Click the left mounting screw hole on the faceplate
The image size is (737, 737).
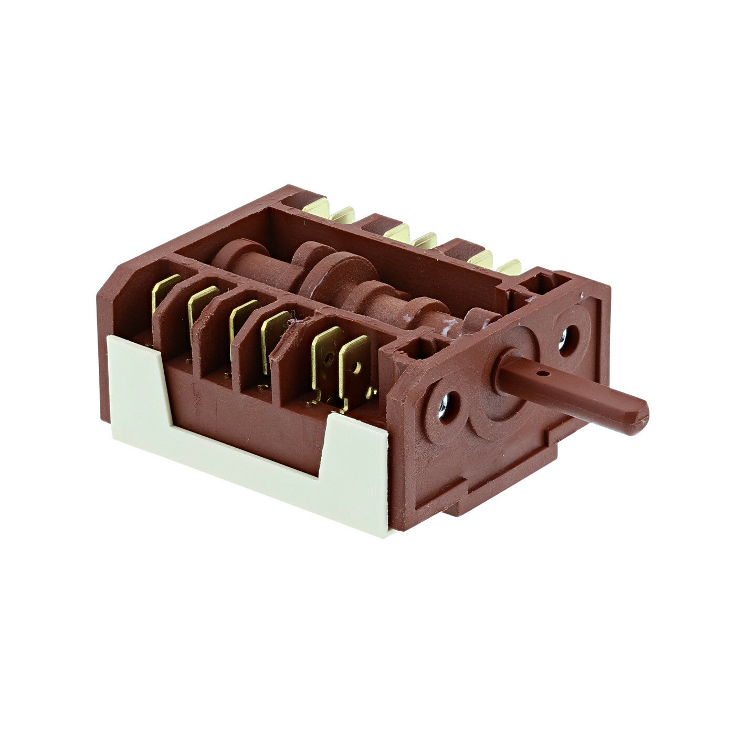[444, 406]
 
